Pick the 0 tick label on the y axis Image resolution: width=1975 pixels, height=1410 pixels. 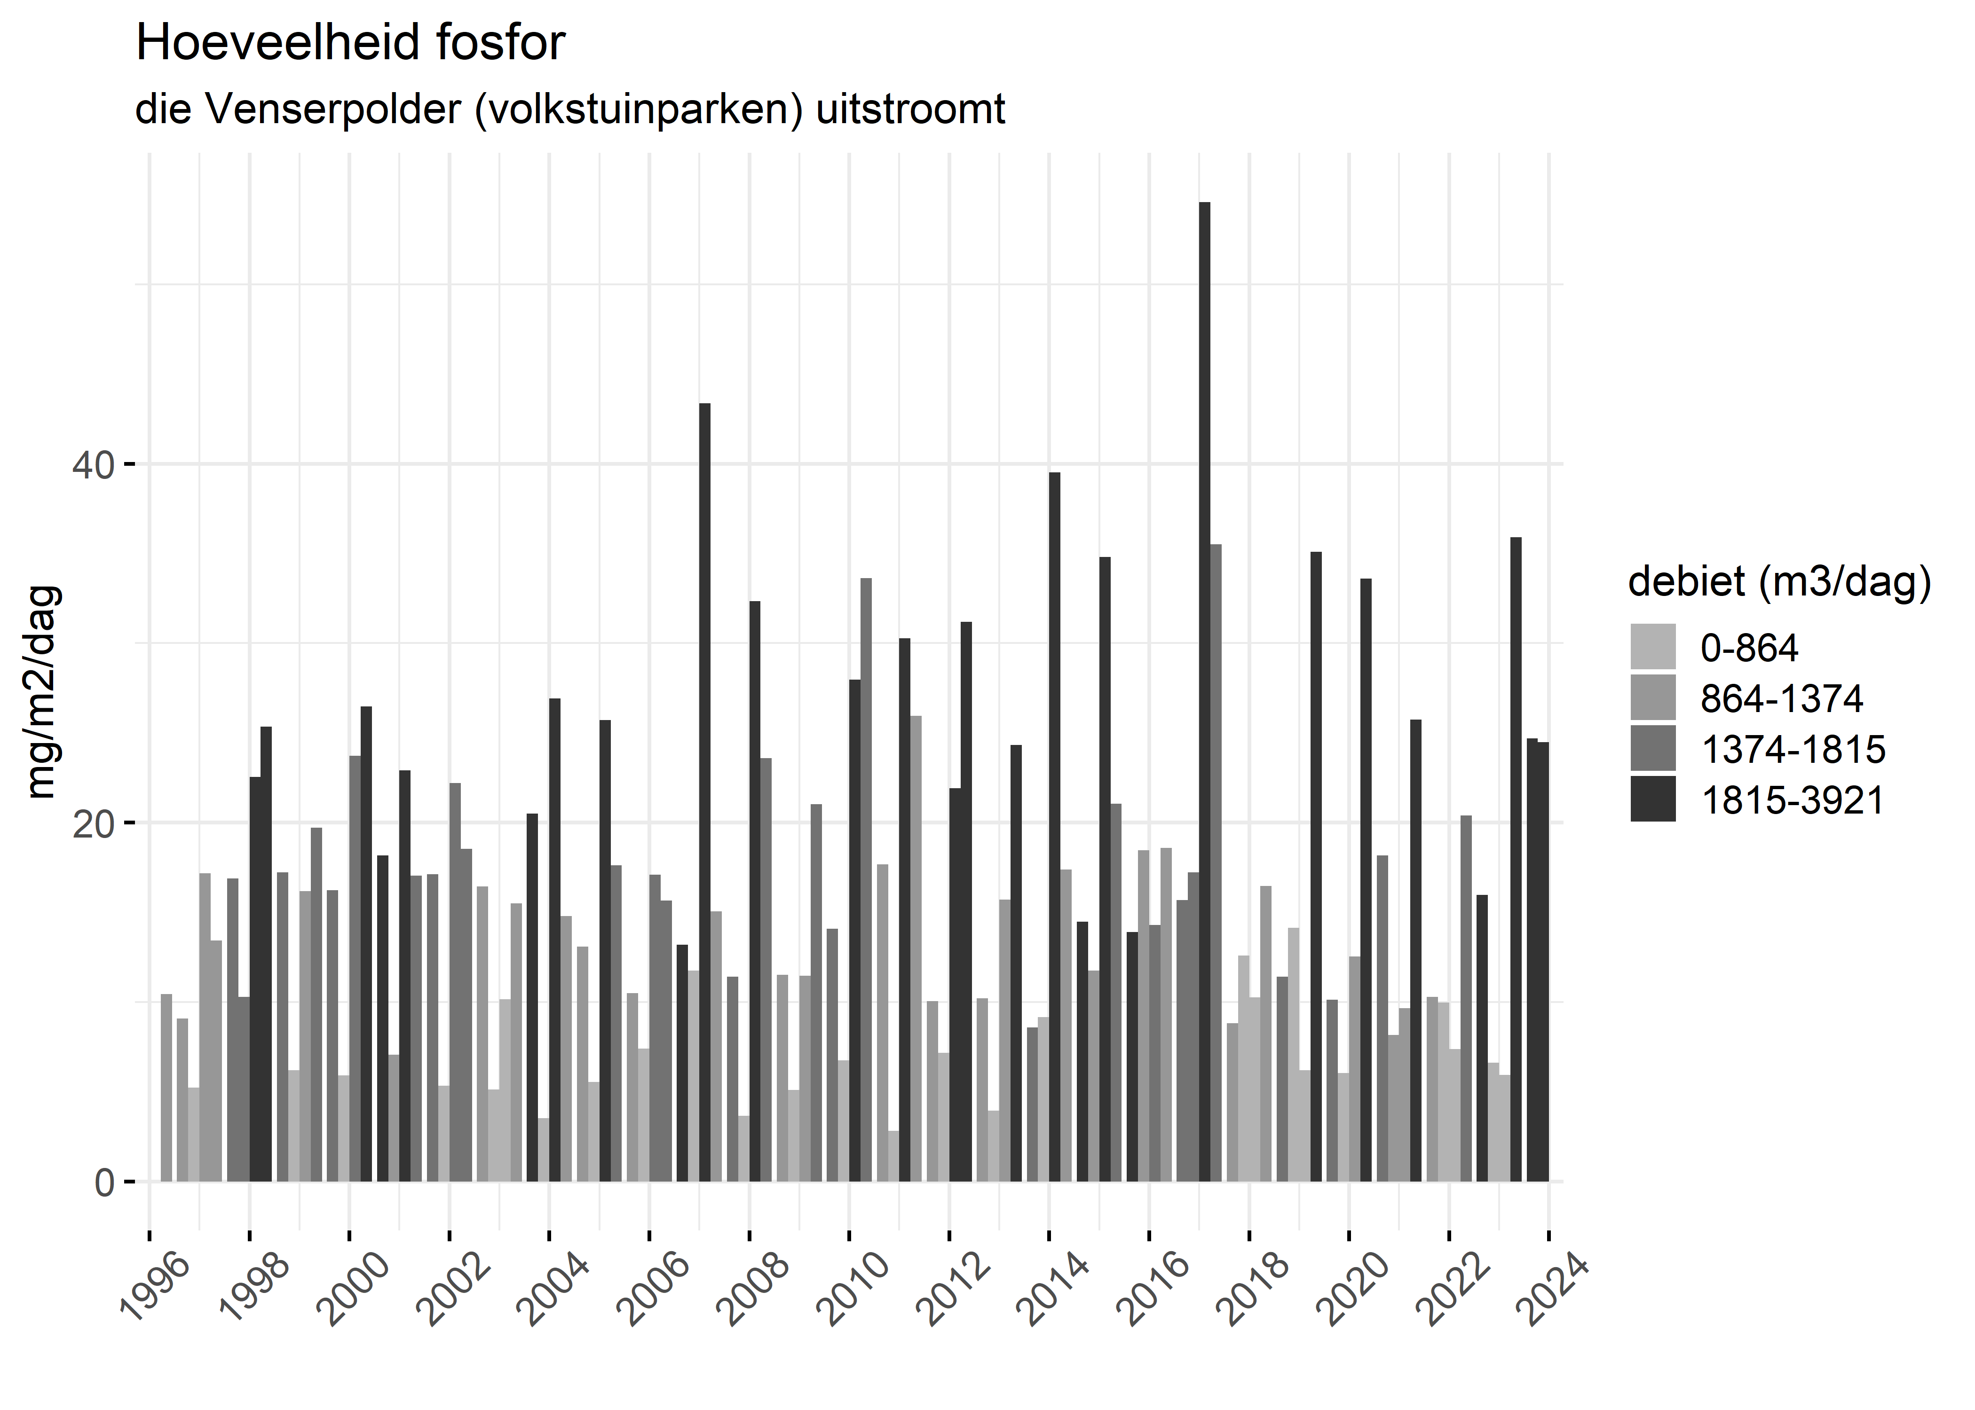point(104,1183)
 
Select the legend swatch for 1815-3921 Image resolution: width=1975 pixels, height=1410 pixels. point(1653,799)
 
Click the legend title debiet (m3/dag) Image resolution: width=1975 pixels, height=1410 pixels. point(1779,582)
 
